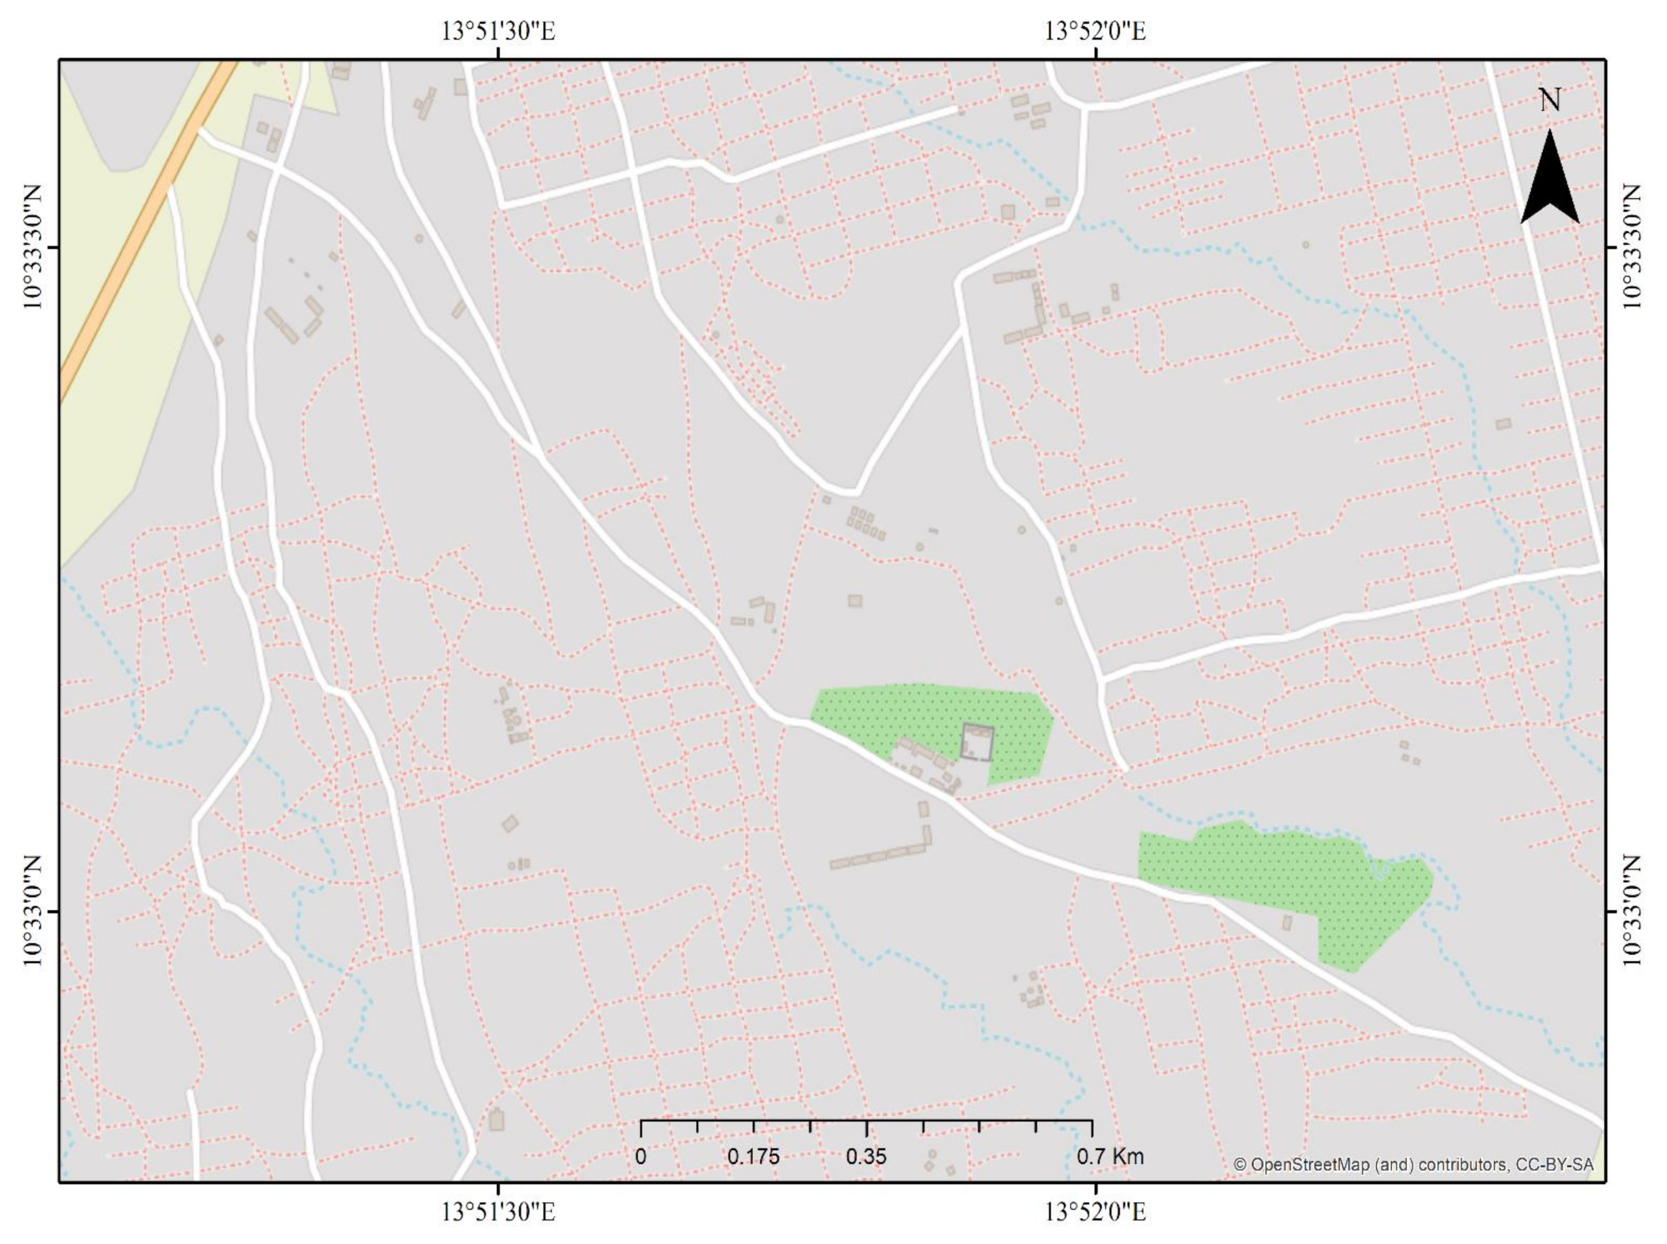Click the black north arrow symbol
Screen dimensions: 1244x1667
pyautogui.click(x=1550, y=181)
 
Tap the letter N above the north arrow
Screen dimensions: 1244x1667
pyautogui.click(x=1550, y=100)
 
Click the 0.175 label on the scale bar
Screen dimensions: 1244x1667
pyautogui.click(x=753, y=1157)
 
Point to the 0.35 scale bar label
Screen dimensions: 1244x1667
pyautogui.click(x=866, y=1157)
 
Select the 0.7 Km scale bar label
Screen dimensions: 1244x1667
pyautogui.click(x=1109, y=1157)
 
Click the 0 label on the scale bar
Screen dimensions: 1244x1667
pyautogui.click(x=640, y=1157)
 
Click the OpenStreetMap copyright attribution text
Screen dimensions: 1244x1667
pyautogui.click(x=1413, y=1164)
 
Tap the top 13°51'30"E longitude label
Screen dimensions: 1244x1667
pyautogui.click(x=498, y=31)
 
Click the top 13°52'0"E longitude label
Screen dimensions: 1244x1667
pyautogui.click(x=1095, y=31)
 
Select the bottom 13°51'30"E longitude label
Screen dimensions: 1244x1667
pyautogui.click(x=498, y=1213)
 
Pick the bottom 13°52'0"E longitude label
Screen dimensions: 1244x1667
pyautogui.click(x=1095, y=1213)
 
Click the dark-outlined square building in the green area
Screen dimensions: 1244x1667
pyautogui.click(x=977, y=743)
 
